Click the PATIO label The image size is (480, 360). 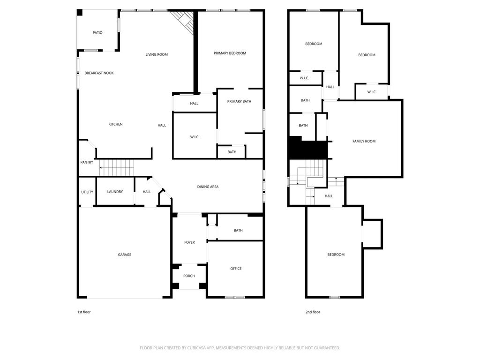pyautogui.click(x=97, y=33)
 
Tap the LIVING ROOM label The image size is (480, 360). pyautogui.click(x=157, y=54)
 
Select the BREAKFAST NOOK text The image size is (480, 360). pyautogui.click(x=99, y=73)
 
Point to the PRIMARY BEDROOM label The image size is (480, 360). pyautogui.click(x=230, y=53)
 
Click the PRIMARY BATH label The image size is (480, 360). pyautogui.click(x=239, y=101)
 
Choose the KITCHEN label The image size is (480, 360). pyautogui.click(x=115, y=124)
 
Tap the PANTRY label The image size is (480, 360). pyautogui.click(x=87, y=162)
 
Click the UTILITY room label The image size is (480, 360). pyautogui.click(x=87, y=192)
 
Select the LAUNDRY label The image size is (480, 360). pyautogui.click(x=115, y=192)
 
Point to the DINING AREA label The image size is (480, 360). pyautogui.click(x=208, y=187)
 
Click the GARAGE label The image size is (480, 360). pyautogui.click(x=125, y=255)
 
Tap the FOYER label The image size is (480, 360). pyautogui.click(x=189, y=242)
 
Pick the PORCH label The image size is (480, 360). pyautogui.click(x=189, y=276)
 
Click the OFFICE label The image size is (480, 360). pyautogui.click(x=236, y=269)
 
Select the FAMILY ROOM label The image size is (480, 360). pyautogui.click(x=364, y=142)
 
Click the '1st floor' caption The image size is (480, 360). pyautogui.click(x=84, y=312)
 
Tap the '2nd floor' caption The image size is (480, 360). pyautogui.click(x=313, y=312)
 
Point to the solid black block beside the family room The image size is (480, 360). pyautogui.click(x=308, y=149)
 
